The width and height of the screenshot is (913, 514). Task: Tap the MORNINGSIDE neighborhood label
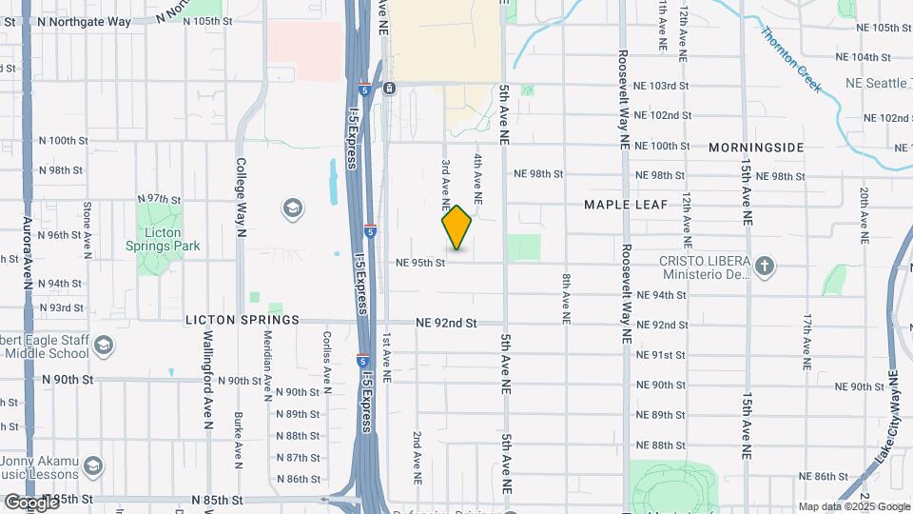click(x=756, y=148)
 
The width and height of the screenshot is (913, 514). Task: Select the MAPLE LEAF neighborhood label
click(x=626, y=205)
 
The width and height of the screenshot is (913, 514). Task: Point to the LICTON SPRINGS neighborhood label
click(x=243, y=320)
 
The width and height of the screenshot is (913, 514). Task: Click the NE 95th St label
click(x=420, y=263)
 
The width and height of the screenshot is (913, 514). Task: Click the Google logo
click(x=30, y=502)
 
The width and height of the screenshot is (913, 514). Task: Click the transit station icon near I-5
click(x=390, y=89)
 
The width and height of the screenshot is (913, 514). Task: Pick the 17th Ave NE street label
click(x=806, y=341)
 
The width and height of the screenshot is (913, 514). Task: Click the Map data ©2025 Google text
click(x=854, y=506)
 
